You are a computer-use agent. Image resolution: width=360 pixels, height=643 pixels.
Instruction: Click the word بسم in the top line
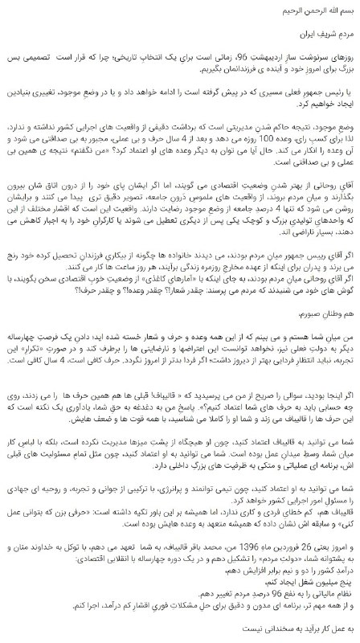tap(347, 12)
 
